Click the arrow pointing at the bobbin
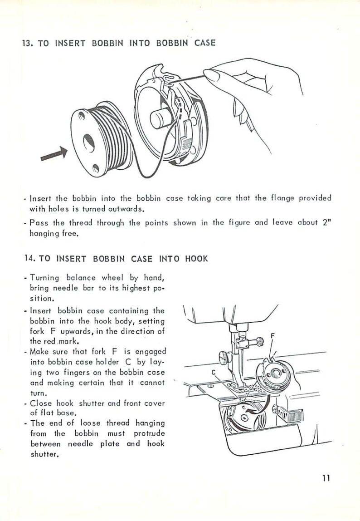[x=54, y=153]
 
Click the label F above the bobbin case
[x=272, y=336]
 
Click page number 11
[x=326, y=478]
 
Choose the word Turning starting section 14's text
[x=44, y=277]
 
